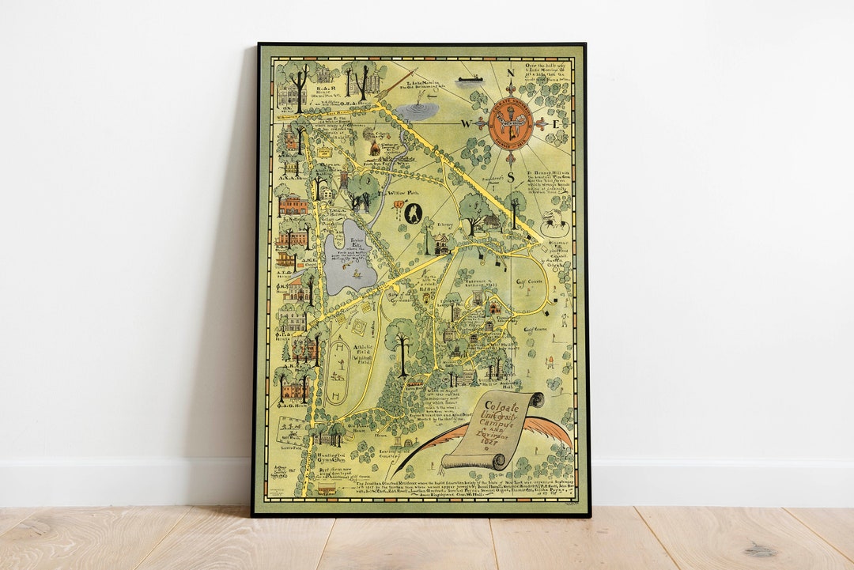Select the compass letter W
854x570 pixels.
pos(466,123)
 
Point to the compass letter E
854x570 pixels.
pos(556,124)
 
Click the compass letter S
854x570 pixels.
pos(510,177)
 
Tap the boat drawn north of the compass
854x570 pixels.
pos(470,79)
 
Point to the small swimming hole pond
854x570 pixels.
pos(417,110)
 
